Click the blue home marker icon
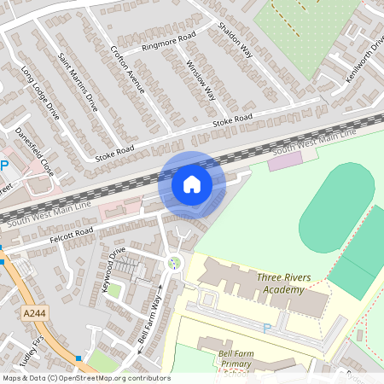pos(192,183)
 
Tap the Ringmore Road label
pos(169,40)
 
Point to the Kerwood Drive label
pos(113,270)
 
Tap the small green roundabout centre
pos(175,264)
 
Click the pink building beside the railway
pos(285,160)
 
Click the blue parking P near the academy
pos(266,328)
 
